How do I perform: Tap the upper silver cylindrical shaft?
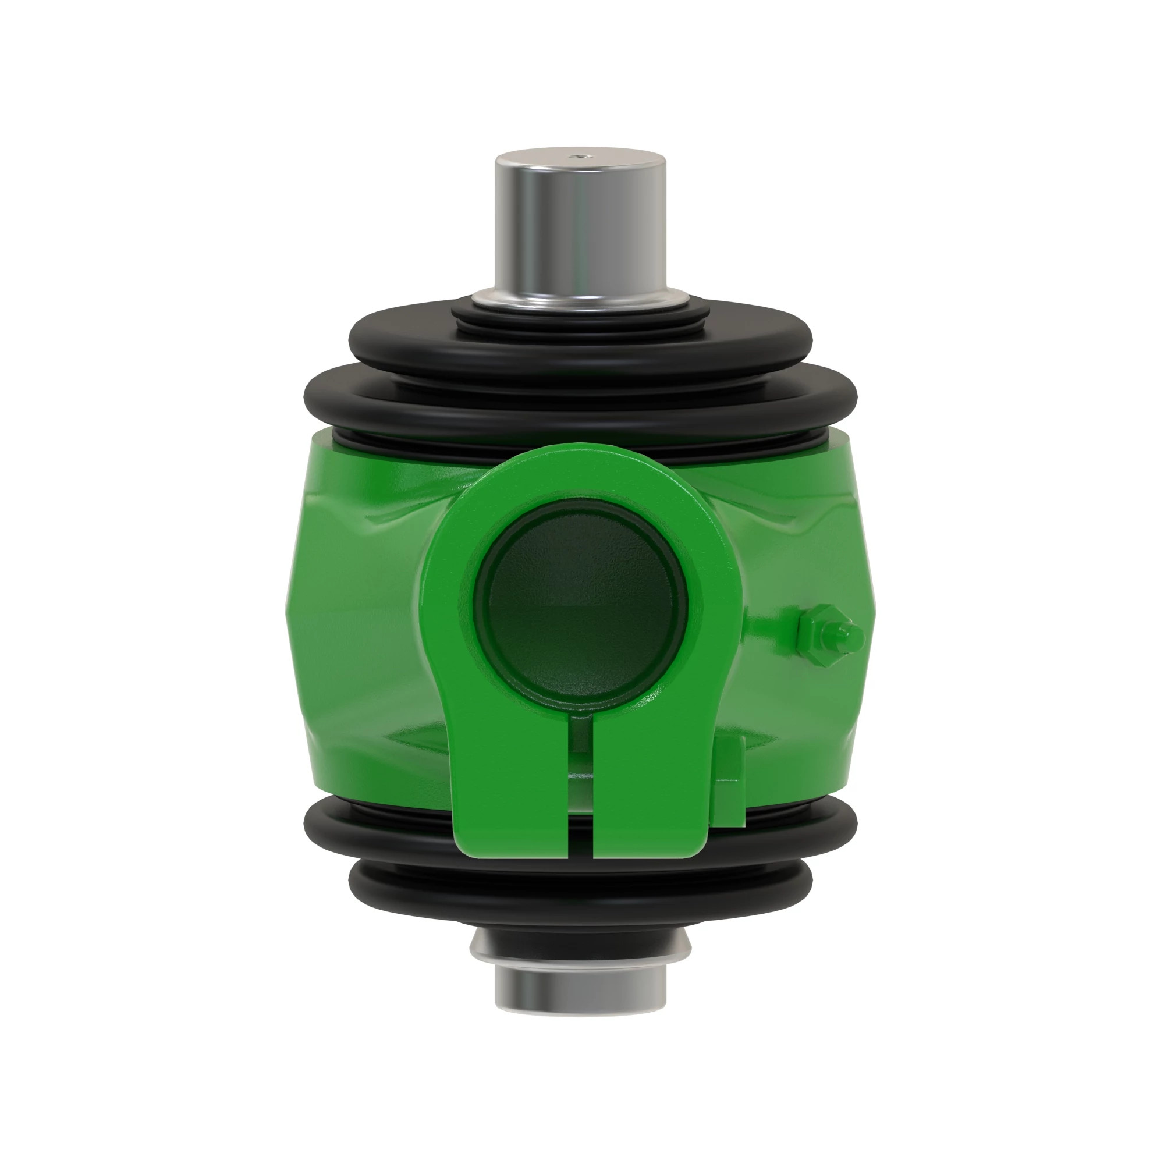tap(580, 229)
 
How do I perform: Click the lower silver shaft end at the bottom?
tap(580, 991)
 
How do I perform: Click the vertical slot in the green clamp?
tap(581, 783)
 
